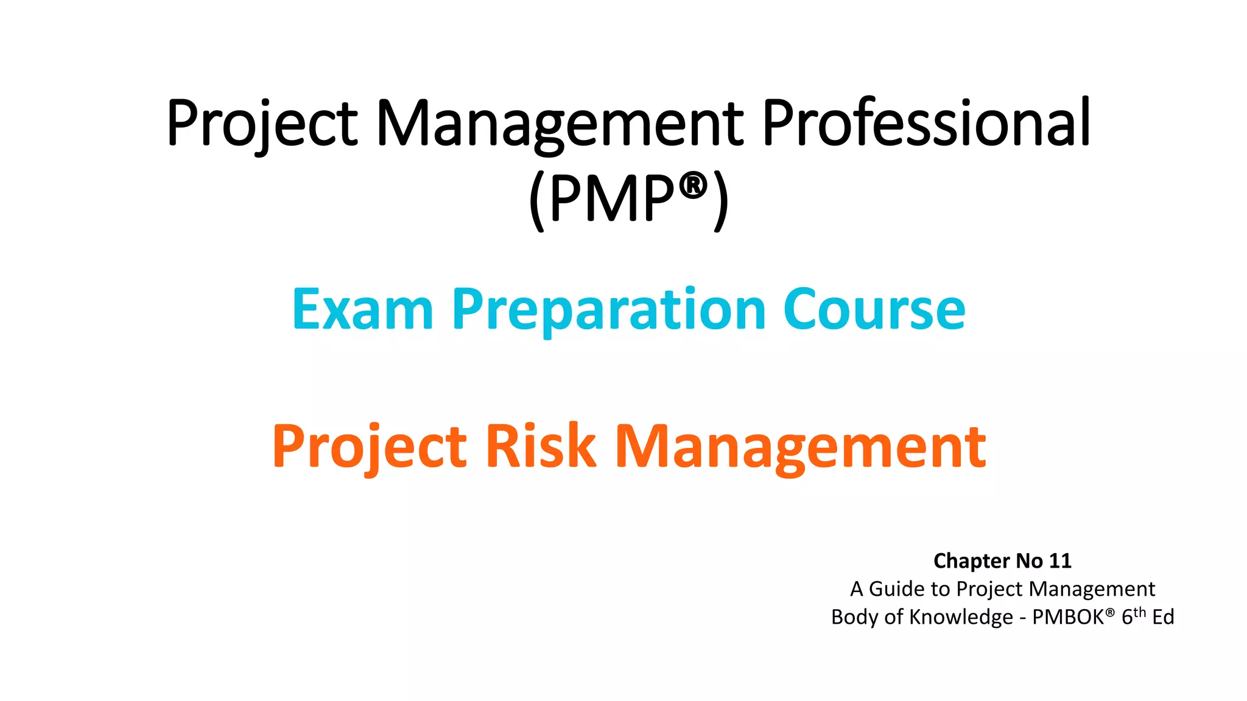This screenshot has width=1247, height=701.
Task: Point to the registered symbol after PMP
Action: tap(693, 185)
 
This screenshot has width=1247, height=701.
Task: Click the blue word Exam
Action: tap(362, 310)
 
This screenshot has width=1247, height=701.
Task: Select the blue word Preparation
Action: tap(609, 310)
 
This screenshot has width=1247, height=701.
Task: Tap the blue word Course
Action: tap(874, 310)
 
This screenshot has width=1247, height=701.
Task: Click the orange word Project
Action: tap(369, 447)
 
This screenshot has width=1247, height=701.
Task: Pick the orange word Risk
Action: tap(540, 447)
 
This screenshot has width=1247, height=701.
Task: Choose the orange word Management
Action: tap(801, 447)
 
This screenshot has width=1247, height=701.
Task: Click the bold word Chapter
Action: tap(971, 561)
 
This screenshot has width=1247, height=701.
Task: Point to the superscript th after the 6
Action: tap(1140, 612)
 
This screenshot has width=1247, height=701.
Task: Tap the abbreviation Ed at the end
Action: tap(1163, 617)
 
